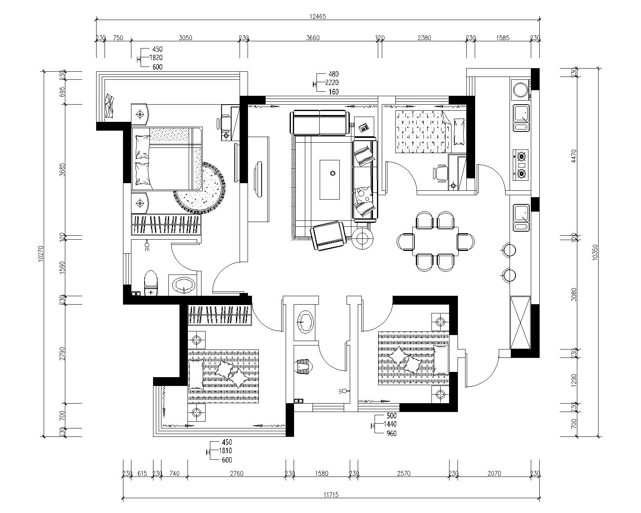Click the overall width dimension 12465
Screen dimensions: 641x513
tap(318, 17)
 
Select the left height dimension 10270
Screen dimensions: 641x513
tap(41, 254)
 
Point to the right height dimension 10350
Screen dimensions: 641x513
tap(595, 253)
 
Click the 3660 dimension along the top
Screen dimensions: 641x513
tap(313, 38)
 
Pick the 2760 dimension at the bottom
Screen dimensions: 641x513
tap(237, 473)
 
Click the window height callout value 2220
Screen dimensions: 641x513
tap(332, 83)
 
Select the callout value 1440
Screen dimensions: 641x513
tap(390, 424)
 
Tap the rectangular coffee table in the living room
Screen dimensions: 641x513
tap(330, 180)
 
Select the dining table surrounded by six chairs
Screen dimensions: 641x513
tap(435, 241)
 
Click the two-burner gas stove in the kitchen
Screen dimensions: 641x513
tap(520, 165)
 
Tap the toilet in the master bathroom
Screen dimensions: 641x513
tap(151, 283)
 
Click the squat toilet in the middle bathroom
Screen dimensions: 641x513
tap(304, 366)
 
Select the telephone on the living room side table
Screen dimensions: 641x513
tap(364, 127)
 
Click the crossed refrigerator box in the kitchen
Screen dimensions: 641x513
tap(520, 323)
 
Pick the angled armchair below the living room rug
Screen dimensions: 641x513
tap(328, 236)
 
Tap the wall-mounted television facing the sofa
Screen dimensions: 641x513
tap(259, 180)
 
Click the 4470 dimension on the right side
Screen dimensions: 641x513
tap(574, 156)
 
